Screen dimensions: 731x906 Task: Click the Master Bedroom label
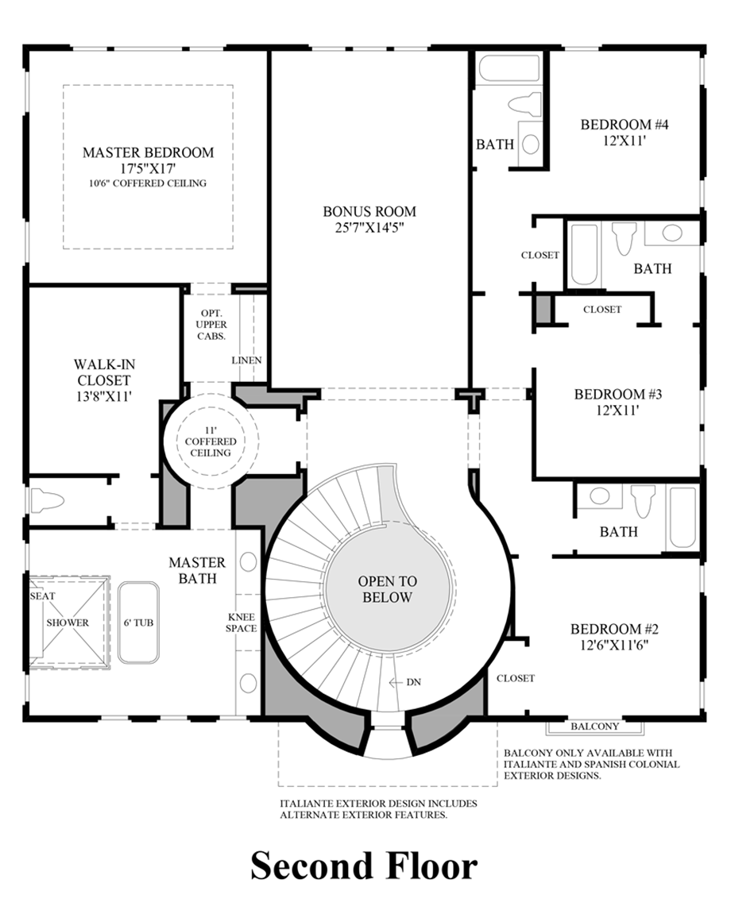click(x=148, y=152)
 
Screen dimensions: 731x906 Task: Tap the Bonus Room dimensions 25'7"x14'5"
click(x=369, y=227)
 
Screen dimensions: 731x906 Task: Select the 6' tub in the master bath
click(x=138, y=623)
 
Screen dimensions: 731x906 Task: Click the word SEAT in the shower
click(x=42, y=596)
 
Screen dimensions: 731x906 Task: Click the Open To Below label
click(x=385, y=589)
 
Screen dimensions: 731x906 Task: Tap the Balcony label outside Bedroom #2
click(x=595, y=727)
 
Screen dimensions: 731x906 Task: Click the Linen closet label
click(x=246, y=360)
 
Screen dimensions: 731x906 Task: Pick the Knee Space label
click(x=242, y=622)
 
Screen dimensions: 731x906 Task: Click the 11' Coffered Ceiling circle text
click(x=211, y=441)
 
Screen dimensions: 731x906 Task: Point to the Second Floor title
click(x=365, y=866)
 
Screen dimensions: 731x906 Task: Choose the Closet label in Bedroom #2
click(x=516, y=678)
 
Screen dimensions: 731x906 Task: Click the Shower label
click(x=68, y=623)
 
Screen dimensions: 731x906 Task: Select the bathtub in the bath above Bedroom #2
click(x=682, y=518)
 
